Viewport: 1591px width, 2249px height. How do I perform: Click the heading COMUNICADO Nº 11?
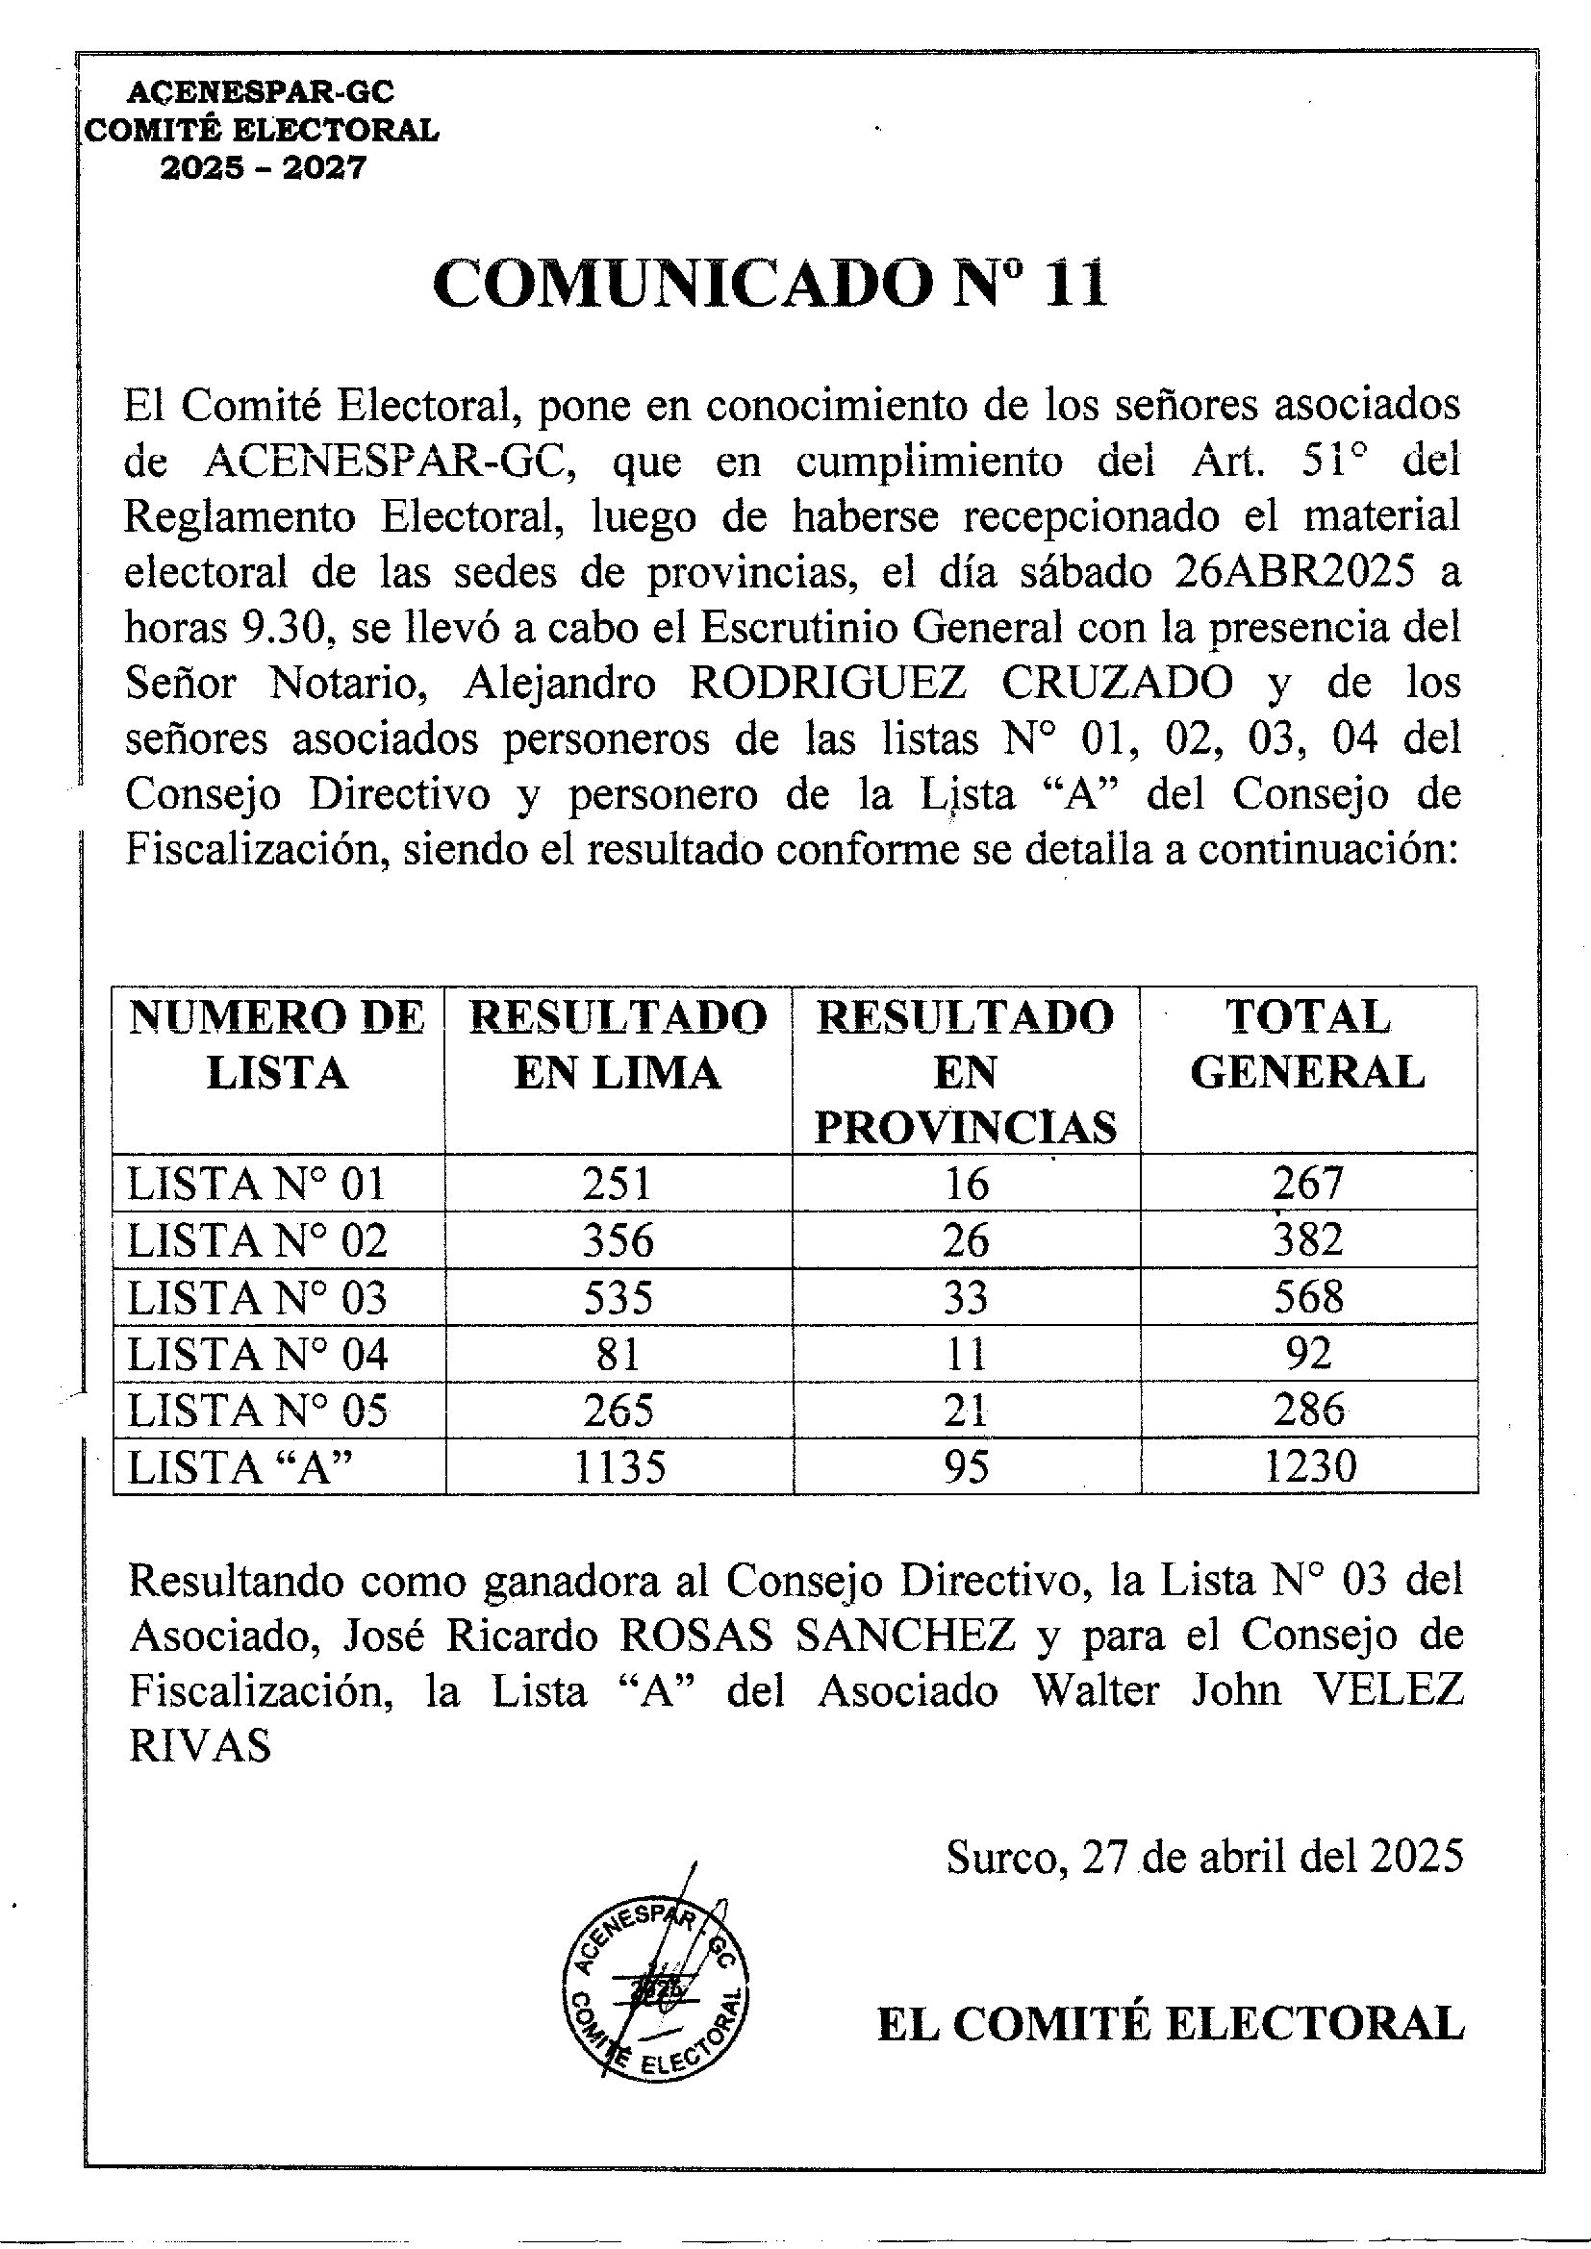770,285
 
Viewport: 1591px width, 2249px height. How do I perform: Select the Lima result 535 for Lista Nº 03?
619,1298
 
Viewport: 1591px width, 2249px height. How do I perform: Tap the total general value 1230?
1310,1466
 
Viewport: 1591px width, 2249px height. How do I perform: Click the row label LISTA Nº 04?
258,1355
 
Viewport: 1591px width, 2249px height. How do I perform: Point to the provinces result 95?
966,1466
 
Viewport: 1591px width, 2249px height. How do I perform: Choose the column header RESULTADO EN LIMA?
619,1044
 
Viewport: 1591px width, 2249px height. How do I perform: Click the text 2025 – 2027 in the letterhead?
263,168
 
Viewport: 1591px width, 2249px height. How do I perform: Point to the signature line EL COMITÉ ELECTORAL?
1170,2024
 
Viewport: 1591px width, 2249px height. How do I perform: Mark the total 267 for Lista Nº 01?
1308,1184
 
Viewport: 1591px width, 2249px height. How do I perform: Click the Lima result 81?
618,1355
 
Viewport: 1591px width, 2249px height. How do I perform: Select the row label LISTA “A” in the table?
240,1466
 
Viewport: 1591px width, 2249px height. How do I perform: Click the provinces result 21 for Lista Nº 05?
966,1411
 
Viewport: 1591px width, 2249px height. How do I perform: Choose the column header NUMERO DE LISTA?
277,1044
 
